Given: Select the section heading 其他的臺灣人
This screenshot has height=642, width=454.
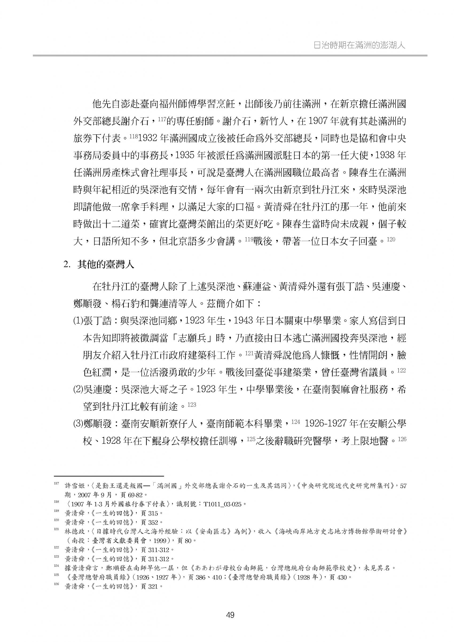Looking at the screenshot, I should (x=106, y=264).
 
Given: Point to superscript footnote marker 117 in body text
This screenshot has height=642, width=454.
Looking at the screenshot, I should (x=162, y=119).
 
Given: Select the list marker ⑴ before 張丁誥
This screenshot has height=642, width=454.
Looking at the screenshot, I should (x=78, y=321).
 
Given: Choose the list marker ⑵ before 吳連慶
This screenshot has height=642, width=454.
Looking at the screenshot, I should (x=78, y=390).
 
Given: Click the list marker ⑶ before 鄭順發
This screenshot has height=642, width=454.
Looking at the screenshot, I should (x=78, y=424).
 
